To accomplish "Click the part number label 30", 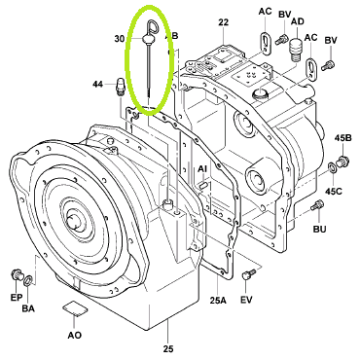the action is pos(120,39).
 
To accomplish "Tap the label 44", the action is pos(97,85).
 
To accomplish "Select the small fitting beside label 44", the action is pos(120,86).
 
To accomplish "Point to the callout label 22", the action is pos(224,22).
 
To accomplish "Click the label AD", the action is pos(298,21).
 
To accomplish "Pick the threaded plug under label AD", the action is pos(295,50).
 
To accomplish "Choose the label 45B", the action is pos(342,138).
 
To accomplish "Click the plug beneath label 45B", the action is pos(342,161).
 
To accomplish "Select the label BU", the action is pos(319,229).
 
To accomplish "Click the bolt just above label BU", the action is pos(317,205).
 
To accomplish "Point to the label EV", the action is pos(246,300).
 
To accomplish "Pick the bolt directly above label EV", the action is pos(248,274).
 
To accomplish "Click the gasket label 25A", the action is pos(218,301).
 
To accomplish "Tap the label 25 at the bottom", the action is pos(168,349).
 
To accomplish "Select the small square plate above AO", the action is pos(75,308).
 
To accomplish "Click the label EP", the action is pos(17,297).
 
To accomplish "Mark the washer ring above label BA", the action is pos(28,280).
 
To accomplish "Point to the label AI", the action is pos(202,169).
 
